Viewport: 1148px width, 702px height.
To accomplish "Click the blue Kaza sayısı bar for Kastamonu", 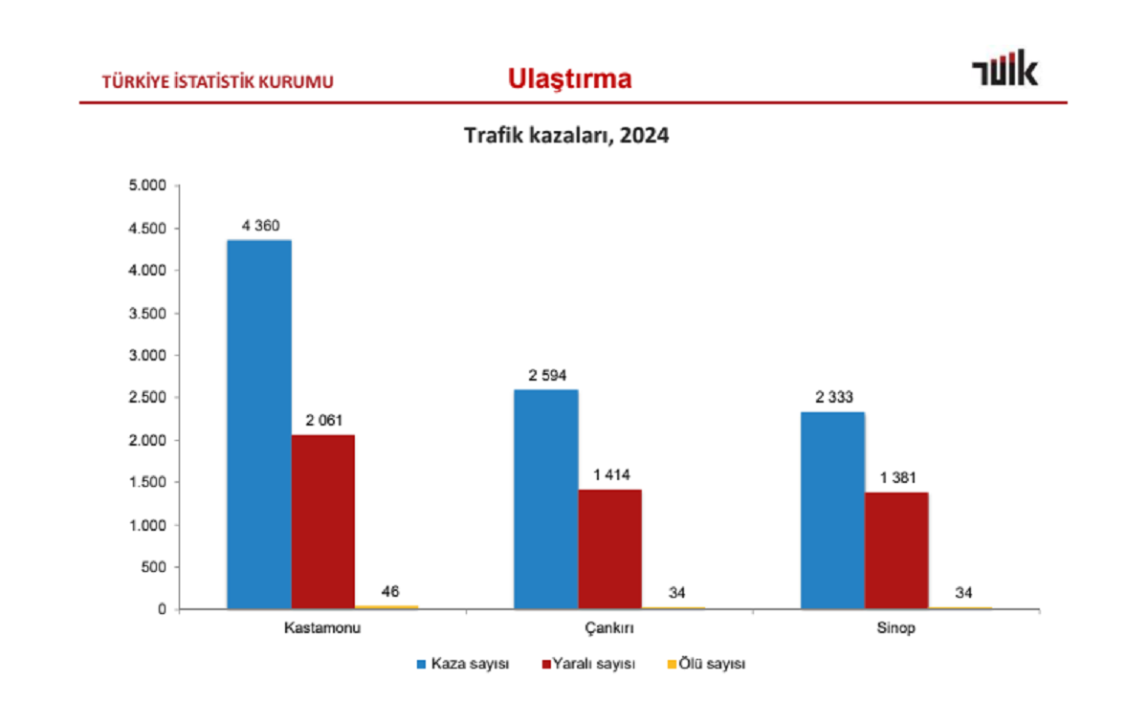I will (259, 425).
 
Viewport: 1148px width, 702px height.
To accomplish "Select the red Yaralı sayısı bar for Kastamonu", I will (323, 522).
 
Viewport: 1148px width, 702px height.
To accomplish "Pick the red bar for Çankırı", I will (609, 549).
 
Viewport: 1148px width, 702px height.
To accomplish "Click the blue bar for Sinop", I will (832, 511).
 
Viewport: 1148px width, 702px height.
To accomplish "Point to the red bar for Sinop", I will (896, 551).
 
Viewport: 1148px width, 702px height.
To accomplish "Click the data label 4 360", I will (260, 226).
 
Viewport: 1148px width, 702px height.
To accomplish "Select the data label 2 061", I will (323, 420).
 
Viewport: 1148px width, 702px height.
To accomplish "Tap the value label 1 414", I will (609, 474).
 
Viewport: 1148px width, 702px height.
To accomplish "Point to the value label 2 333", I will (832, 397).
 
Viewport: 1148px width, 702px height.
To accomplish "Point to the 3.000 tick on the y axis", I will (147, 356).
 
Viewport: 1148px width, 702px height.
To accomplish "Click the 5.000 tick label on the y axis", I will (147, 186).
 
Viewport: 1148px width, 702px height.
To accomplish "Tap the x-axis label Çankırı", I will (609, 629).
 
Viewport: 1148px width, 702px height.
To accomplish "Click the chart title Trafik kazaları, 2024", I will (566, 137).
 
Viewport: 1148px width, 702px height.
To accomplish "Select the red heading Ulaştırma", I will (570, 79).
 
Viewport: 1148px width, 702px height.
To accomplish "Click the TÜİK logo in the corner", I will (1004, 72).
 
